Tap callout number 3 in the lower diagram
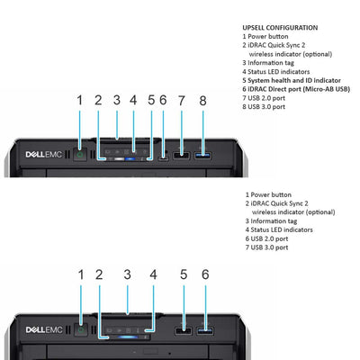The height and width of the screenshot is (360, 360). (x=127, y=274)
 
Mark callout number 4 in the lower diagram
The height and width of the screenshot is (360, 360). (x=153, y=274)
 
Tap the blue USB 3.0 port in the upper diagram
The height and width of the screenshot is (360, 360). (x=204, y=156)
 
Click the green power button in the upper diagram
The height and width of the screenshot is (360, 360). (x=80, y=155)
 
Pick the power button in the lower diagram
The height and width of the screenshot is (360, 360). (x=80, y=329)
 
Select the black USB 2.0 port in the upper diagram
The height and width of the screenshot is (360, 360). (x=181, y=156)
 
